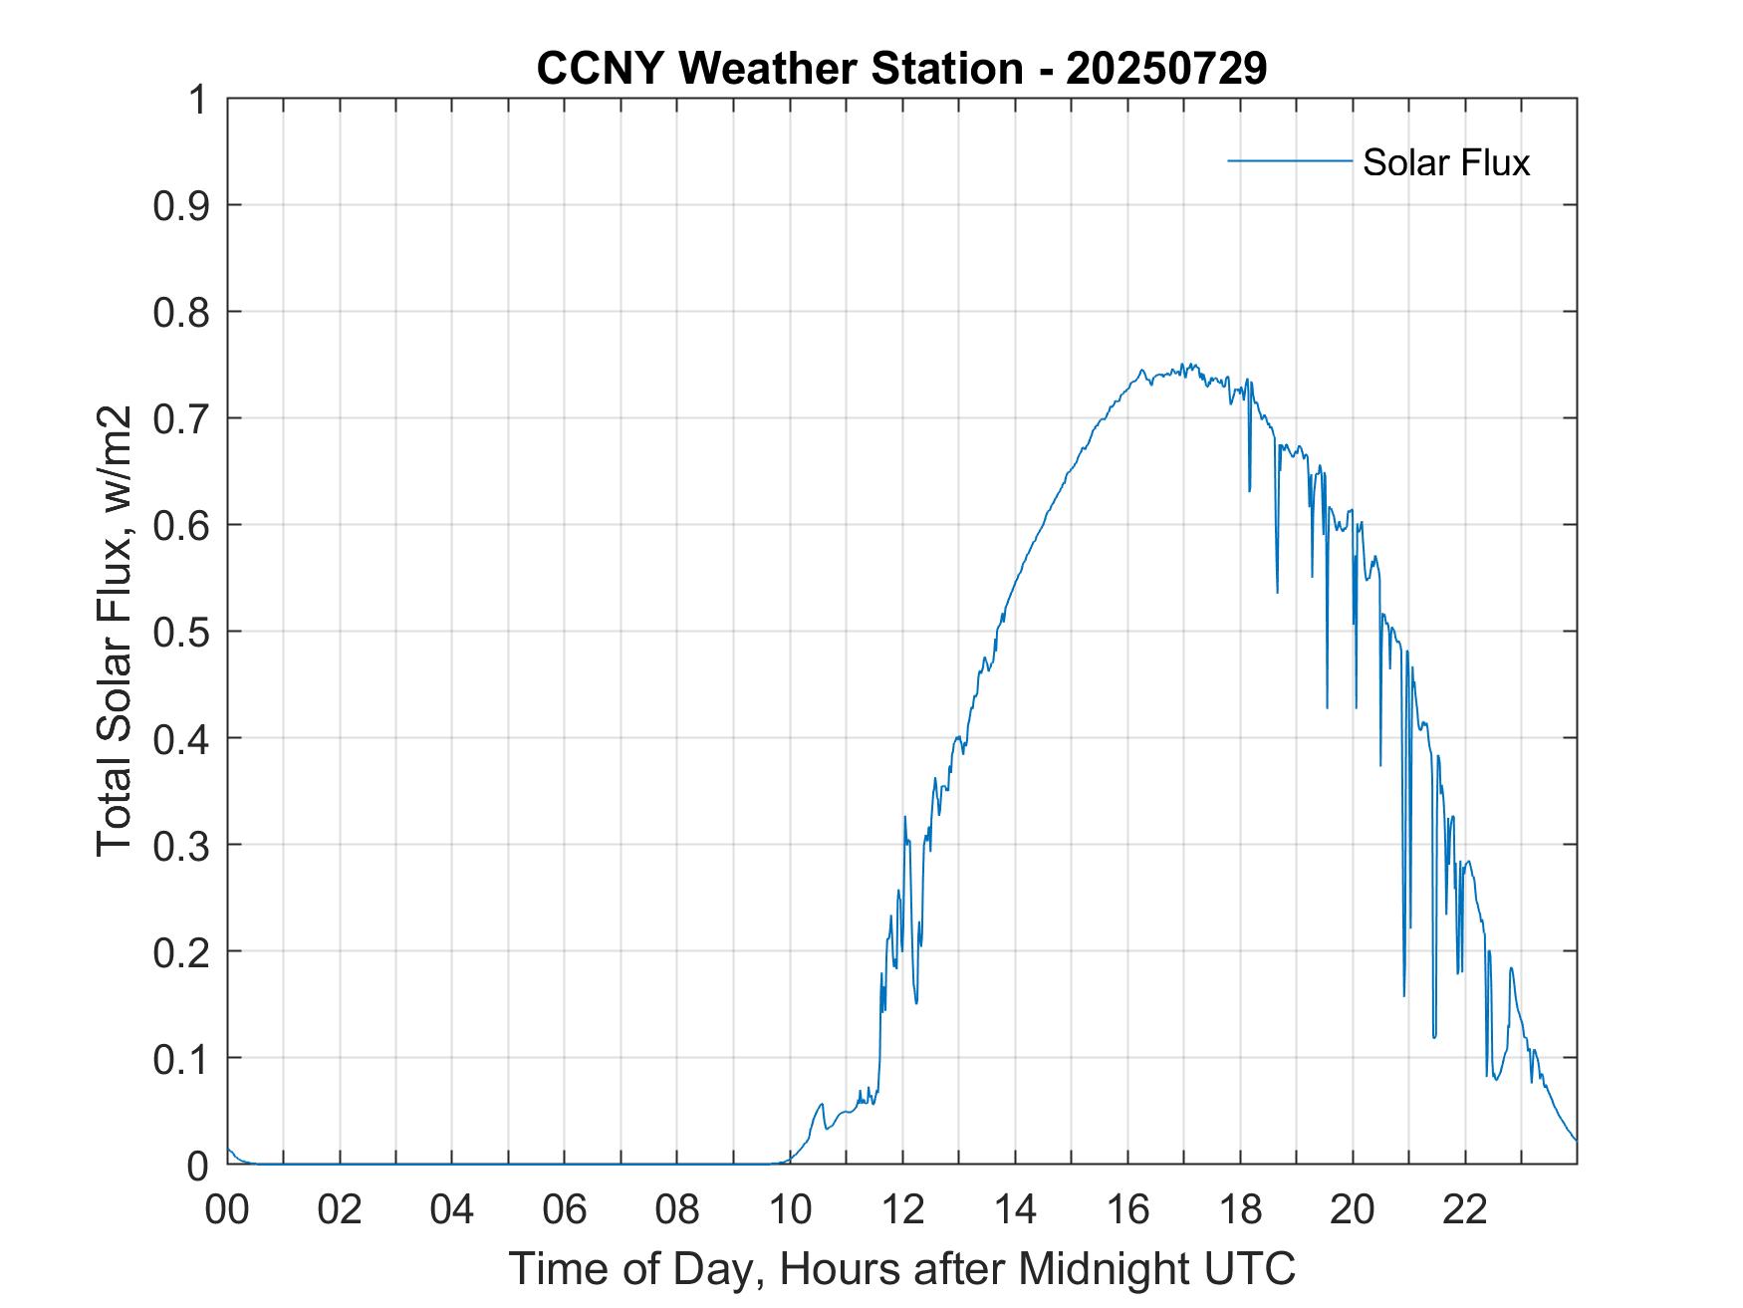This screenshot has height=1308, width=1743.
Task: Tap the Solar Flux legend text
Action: click(x=1445, y=161)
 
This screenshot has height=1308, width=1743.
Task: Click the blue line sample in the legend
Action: click(x=1289, y=160)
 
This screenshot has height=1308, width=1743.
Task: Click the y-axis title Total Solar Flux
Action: click(x=116, y=633)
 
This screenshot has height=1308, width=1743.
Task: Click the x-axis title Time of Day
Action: click(x=901, y=1268)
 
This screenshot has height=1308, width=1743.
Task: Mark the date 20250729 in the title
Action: click(x=1166, y=68)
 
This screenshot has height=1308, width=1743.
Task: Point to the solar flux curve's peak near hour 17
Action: click(x=1183, y=366)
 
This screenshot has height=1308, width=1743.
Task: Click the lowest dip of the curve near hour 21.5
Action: click(x=1434, y=1036)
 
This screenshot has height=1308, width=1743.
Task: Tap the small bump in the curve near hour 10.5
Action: click(x=821, y=1104)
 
